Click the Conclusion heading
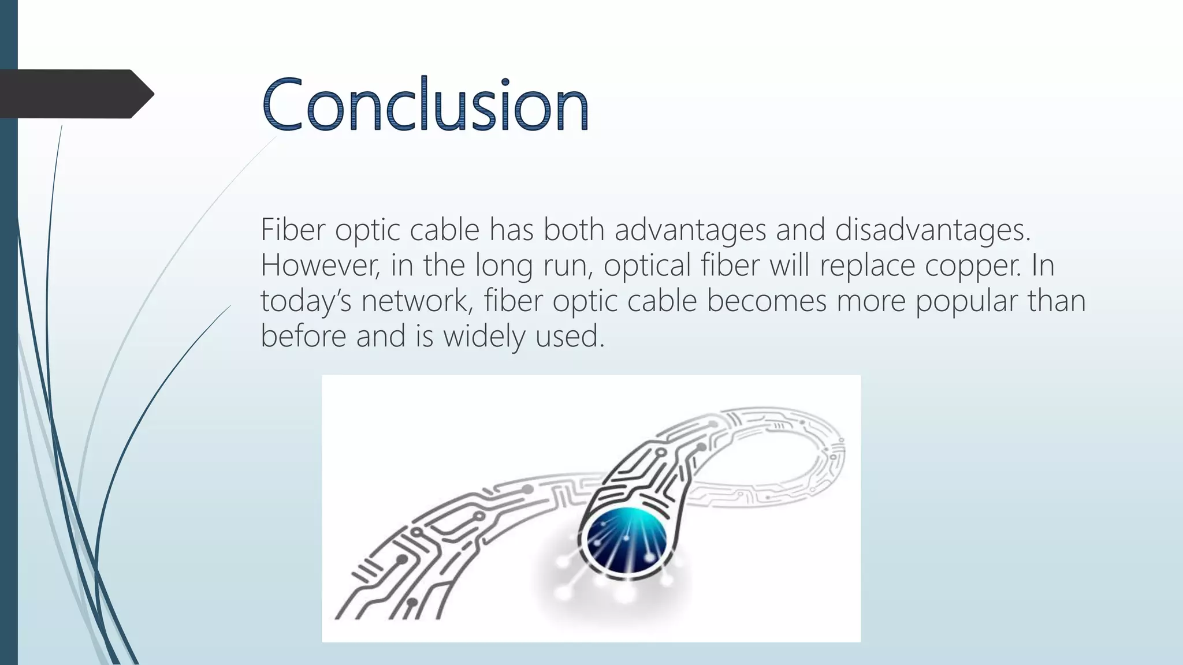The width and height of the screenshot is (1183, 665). click(x=425, y=104)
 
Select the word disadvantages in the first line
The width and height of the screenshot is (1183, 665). click(x=932, y=230)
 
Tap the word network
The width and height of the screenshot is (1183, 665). click(x=416, y=301)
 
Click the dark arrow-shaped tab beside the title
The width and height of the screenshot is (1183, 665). click(x=75, y=94)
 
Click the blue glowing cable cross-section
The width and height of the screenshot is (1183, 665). click(x=626, y=539)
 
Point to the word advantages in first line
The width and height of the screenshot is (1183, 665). click(x=690, y=230)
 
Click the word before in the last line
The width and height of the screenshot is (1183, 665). click(x=303, y=336)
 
